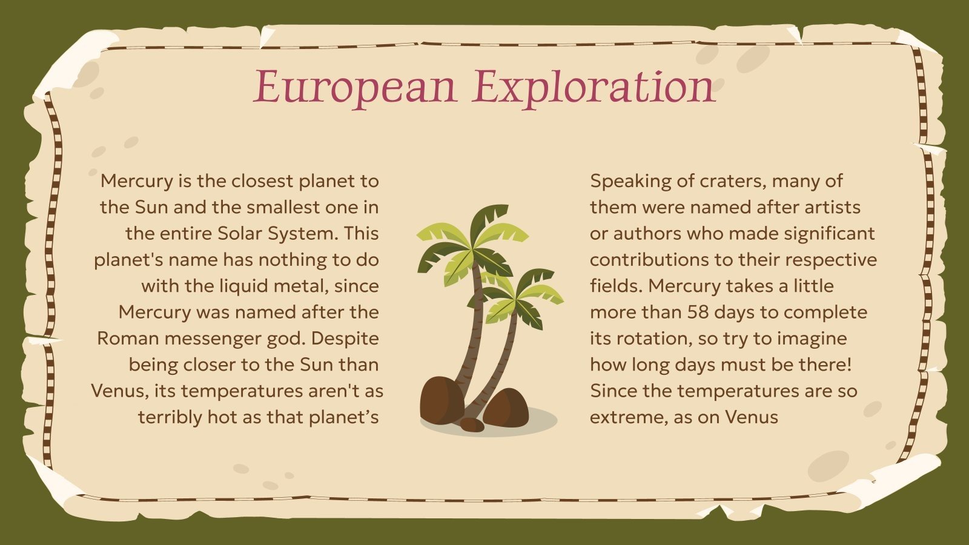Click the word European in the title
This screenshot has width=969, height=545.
[354, 87]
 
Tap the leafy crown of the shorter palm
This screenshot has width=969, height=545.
[518, 297]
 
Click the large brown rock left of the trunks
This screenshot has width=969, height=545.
[442, 400]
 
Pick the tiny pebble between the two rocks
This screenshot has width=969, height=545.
[472, 424]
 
